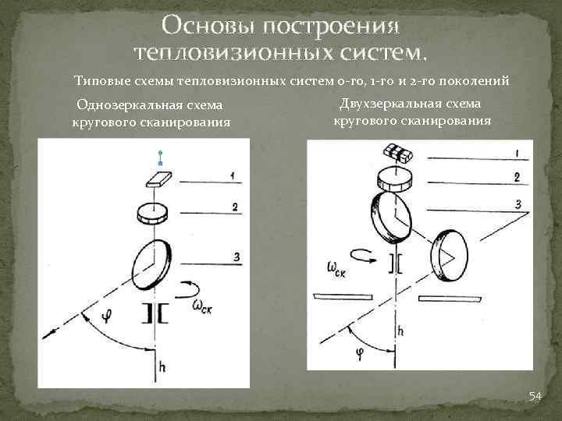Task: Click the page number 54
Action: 535,397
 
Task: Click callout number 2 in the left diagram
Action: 234,207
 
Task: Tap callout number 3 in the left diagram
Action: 235,257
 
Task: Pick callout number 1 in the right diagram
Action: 517,152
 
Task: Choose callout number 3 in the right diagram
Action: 517,204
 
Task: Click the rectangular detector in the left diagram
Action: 160,180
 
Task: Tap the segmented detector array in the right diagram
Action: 399,154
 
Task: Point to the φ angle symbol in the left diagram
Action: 106,314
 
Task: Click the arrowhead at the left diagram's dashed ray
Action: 50,334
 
